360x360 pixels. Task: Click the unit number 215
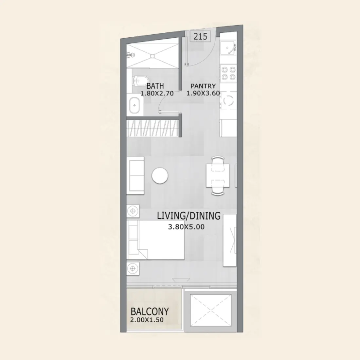(x=200, y=36)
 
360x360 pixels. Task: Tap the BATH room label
(x=155, y=86)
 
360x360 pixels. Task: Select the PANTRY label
(x=203, y=86)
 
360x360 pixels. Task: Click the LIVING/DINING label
(x=189, y=216)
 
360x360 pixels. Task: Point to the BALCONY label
(x=150, y=311)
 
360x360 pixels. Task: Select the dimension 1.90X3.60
(x=203, y=93)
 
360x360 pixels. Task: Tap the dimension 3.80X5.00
(x=186, y=226)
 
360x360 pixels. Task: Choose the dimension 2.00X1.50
(x=147, y=320)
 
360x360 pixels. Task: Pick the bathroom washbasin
(x=135, y=105)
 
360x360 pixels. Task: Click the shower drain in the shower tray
(x=152, y=56)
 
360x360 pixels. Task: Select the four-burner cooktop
(x=228, y=73)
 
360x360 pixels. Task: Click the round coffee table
(x=160, y=176)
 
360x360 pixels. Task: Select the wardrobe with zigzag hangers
(x=153, y=128)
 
